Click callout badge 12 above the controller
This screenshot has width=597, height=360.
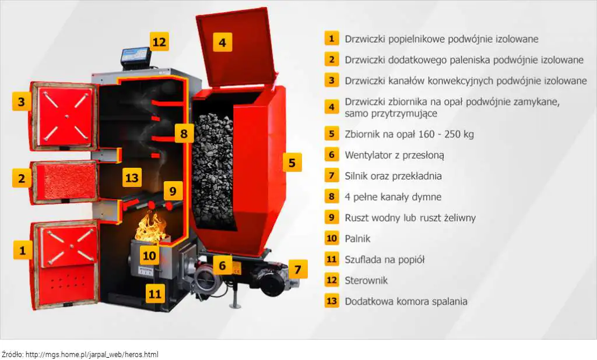click(x=159, y=41)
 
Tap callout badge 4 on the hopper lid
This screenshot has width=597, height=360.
click(x=222, y=42)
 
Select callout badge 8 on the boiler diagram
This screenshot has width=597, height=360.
click(x=184, y=133)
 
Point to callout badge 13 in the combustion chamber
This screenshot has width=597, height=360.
click(x=132, y=177)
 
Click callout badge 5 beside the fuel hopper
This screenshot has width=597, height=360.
click(x=292, y=163)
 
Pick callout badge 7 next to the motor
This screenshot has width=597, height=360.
click(x=298, y=270)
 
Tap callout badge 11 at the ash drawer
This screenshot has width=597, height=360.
click(x=155, y=294)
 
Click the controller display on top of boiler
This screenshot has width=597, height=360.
click(x=135, y=57)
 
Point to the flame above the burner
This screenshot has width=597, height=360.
click(x=150, y=228)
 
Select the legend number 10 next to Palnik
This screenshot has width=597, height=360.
click(x=332, y=238)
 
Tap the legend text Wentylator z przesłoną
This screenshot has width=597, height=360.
click(x=395, y=155)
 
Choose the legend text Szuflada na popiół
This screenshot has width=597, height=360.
click(x=385, y=260)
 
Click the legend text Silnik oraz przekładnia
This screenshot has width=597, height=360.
click(x=394, y=176)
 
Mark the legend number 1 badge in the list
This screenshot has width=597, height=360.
click(x=332, y=38)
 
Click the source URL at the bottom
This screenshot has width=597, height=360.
click(x=92, y=355)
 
